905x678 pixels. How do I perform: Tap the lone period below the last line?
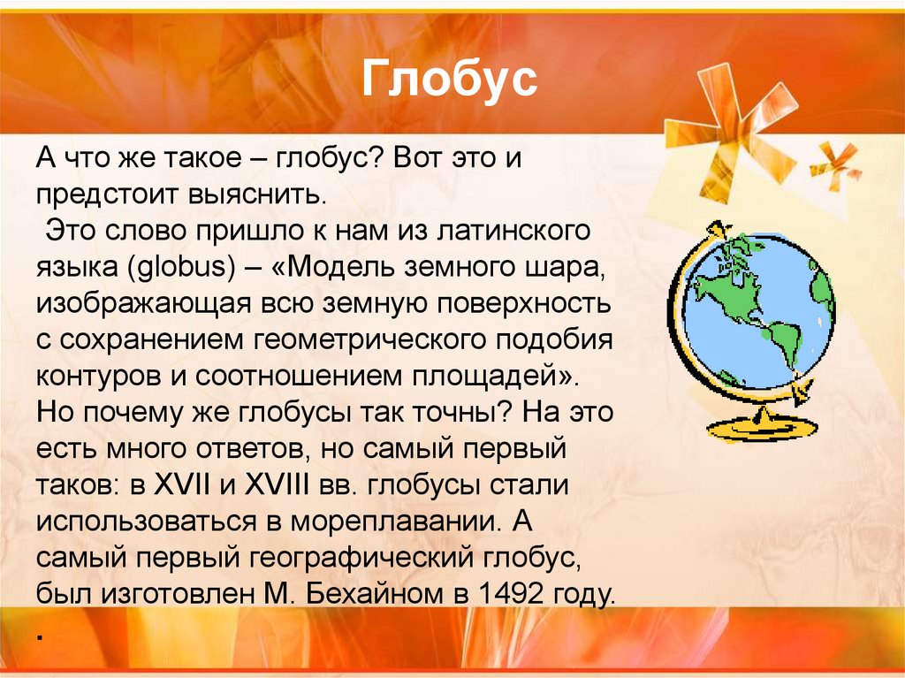pos(41,636)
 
